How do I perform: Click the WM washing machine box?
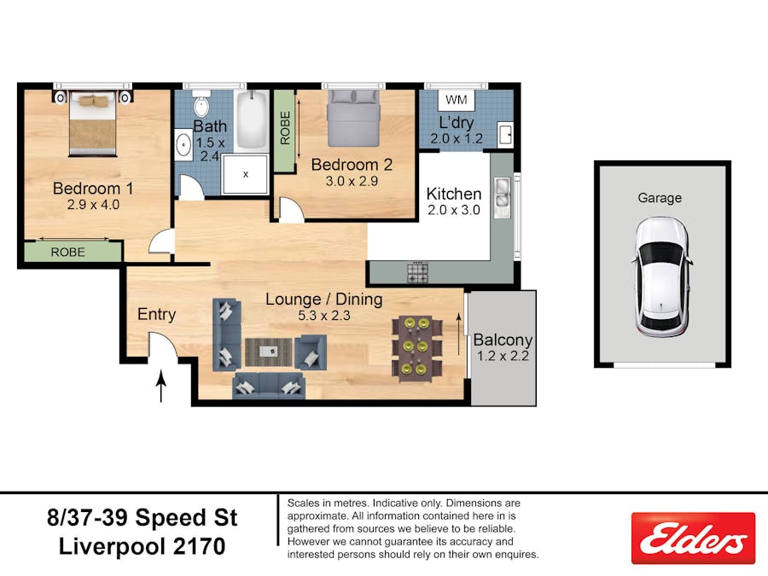tap(456, 100)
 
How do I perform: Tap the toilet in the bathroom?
tap(201, 103)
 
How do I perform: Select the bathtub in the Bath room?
tap(251, 119)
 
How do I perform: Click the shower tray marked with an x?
tap(245, 174)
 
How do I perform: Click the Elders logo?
tap(693, 538)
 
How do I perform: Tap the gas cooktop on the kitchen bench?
tap(417, 272)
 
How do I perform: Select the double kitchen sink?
tap(502, 197)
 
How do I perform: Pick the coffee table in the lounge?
tap(269, 352)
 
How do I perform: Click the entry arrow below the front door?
tap(160, 386)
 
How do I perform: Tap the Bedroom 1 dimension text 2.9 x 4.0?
tap(93, 205)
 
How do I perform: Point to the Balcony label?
tap(503, 340)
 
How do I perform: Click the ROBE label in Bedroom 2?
tap(285, 128)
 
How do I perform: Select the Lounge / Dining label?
tap(323, 299)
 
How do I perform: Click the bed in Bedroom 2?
tap(353, 118)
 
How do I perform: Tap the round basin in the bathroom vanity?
tap(184, 145)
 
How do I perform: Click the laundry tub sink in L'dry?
tap(505, 134)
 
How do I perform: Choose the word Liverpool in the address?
tap(112, 546)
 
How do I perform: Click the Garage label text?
tap(660, 198)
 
